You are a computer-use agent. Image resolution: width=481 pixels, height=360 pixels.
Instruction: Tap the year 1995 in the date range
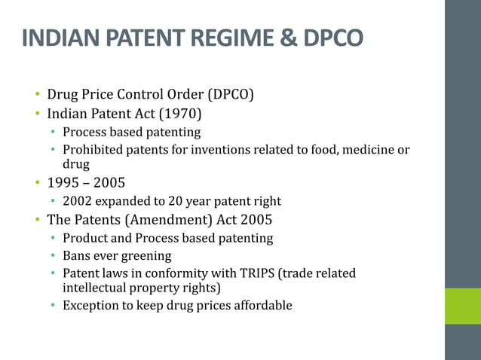(63, 184)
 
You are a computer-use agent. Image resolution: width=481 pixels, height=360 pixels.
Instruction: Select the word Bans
(77, 256)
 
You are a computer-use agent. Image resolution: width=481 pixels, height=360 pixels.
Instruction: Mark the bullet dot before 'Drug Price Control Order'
(36, 96)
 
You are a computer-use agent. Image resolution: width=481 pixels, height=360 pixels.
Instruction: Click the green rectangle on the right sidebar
(462, 306)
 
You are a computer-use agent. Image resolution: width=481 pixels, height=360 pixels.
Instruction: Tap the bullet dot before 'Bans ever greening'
(53, 257)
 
